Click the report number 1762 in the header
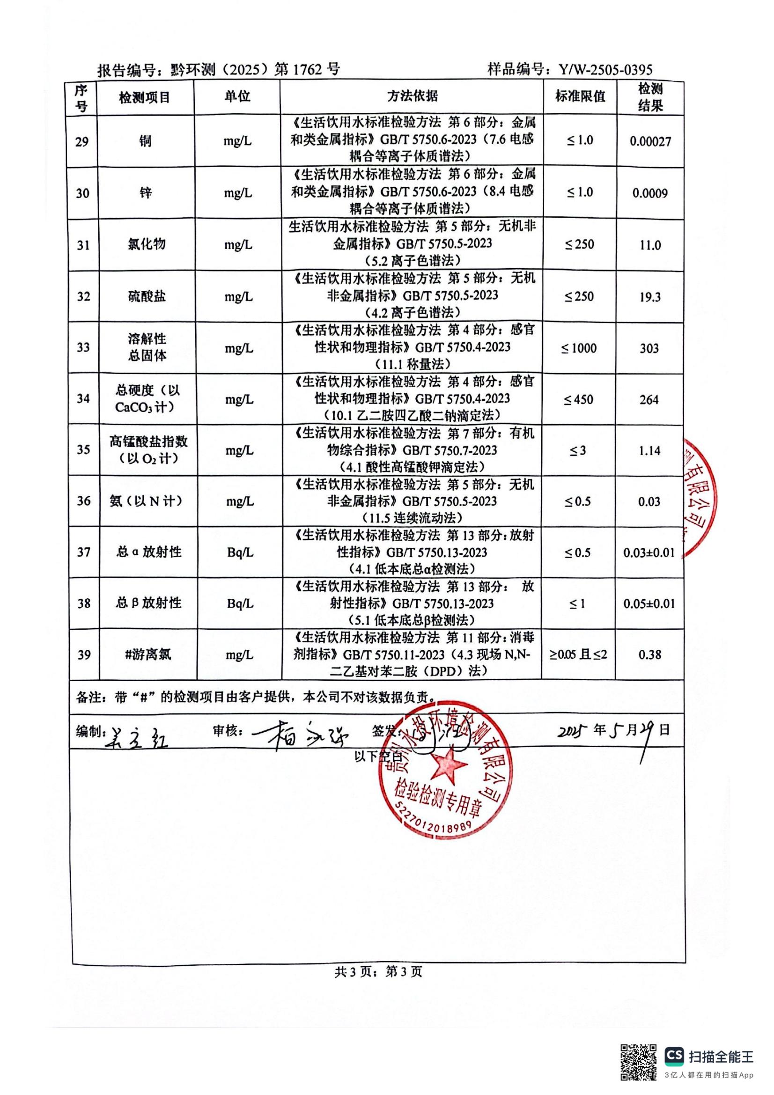[x=307, y=70]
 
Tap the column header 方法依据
[x=412, y=97]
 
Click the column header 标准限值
[x=580, y=97]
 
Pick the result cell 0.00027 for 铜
[x=650, y=142]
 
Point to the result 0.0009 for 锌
[x=650, y=193]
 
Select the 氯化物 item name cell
[x=147, y=245]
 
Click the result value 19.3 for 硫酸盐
[x=650, y=297]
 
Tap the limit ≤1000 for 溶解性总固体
[x=579, y=349]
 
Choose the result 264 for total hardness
[x=649, y=400]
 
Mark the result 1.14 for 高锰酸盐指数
[x=649, y=451]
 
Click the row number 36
[x=83, y=501]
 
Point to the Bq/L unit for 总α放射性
[x=240, y=553]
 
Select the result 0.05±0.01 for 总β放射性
[x=649, y=604]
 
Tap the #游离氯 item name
[x=147, y=655]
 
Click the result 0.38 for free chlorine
[x=649, y=655]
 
